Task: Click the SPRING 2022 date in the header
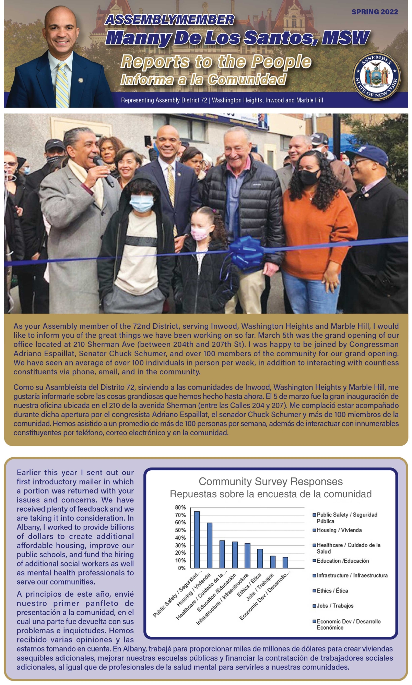(375, 12)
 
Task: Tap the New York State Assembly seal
(376, 76)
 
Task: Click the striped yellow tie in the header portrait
(62, 85)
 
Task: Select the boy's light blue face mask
(141, 203)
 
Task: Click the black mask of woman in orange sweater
(310, 176)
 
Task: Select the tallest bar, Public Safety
(197, 540)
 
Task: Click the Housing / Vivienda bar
(210, 545)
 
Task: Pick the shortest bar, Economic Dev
(285, 562)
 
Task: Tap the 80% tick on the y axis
(180, 507)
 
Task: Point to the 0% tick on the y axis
(181, 568)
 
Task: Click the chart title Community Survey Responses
(271, 482)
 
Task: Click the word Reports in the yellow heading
(155, 62)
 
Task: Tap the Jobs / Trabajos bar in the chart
(273, 562)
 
